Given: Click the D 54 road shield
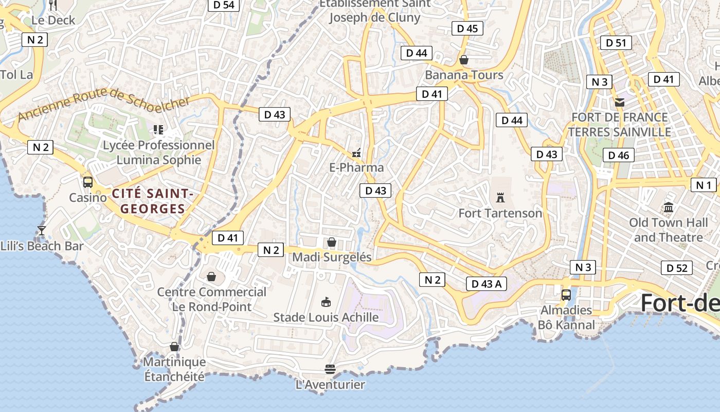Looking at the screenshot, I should pos(223,5).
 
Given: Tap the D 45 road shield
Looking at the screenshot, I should pos(467,28).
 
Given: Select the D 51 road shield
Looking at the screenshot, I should pos(616,43).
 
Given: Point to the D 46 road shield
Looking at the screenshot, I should pos(618,155).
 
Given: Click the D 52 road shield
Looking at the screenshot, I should pos(676,268).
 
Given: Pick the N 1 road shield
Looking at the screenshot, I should pos(703,185).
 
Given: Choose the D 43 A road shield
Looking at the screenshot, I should pos(486,284).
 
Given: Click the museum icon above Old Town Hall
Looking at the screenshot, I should pos(669,208).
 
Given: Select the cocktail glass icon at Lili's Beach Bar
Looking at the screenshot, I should pos(42,230).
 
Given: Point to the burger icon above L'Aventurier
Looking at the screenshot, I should pos(330,369).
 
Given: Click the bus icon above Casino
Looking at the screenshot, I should pos(88,182).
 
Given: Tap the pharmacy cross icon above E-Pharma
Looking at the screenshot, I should pos(356,152).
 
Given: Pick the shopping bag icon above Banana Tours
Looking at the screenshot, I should pos(464,60).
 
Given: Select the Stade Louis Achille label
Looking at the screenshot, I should pos(326,317).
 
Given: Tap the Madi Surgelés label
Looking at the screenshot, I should pos(332,257).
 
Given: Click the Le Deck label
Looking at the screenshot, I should pos(53,21).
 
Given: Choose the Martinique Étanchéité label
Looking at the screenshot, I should pos(174,369).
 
